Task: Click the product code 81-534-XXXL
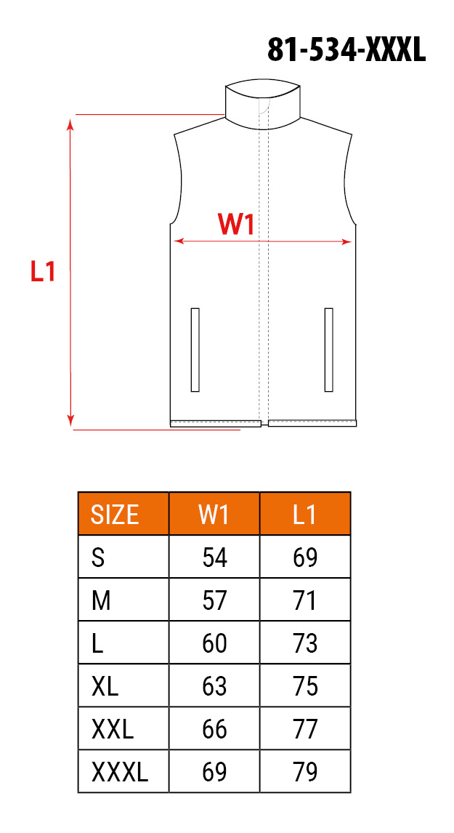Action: click(346, 50)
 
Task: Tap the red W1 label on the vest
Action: click(236, 224)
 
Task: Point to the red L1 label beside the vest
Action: click(42, 271)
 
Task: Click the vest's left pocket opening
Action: click(195, 350)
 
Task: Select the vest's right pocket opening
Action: click(328, 350)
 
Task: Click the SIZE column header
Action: click(115, 514)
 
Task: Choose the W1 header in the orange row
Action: click(214, 514)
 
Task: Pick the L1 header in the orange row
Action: click(305, 514)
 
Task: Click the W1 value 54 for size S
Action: click(214, 558)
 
